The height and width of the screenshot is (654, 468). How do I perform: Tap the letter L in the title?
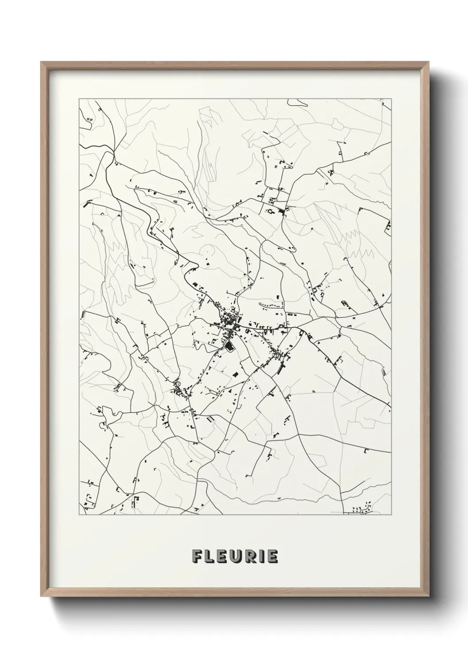point(211,556)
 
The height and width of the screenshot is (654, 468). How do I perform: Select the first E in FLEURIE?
point(223,556)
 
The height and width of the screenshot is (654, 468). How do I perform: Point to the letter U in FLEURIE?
point(238,556)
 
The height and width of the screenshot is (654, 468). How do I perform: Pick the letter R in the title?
point(252,556)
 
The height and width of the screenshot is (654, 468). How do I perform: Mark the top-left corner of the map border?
point(79,99)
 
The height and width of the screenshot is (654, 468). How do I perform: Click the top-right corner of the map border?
point(391,99)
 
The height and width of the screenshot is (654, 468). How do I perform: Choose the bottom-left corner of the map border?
point(79,515)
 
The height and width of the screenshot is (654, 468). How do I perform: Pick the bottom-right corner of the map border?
point(391,515)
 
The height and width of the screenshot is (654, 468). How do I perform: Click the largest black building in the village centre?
point(229,346)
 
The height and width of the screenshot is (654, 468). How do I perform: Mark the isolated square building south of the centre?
point(236,374)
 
